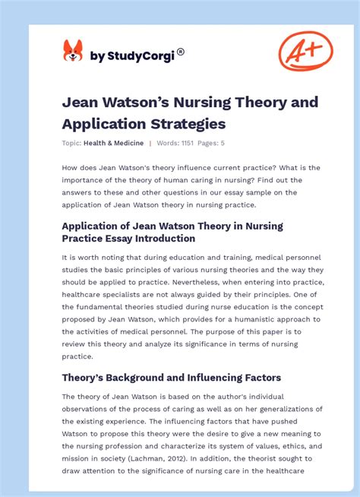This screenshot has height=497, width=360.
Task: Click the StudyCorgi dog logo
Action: pos(73,52)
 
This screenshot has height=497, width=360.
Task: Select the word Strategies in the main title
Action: pos(188,122)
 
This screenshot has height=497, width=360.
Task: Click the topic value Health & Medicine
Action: pos(114,143)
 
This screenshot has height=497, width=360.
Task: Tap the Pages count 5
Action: pos(223,143)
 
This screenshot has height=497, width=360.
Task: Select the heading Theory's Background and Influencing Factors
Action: pos(171,378)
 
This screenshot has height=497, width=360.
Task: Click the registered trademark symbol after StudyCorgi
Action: pos(181,52)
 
